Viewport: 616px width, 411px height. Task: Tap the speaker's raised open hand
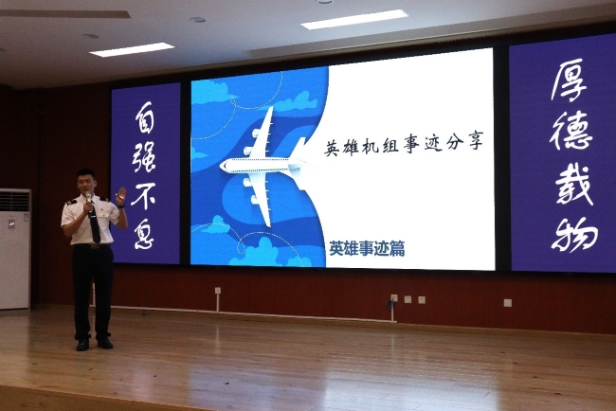(x=120, y=195)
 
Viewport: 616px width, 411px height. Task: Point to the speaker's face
(x=86, y=184)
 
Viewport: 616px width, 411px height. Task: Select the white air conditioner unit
(x=15, y=248)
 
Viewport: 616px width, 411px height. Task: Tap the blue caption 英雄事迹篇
(x=367, y=248)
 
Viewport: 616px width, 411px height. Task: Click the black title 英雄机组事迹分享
(x=404, y=145)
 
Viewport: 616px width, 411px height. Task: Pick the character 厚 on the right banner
(x=570, y=80)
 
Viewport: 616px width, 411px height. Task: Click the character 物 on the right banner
(x=574, y=234)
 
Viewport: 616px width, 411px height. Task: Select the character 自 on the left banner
(x=144, y=116)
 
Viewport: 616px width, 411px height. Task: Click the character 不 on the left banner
(x=143, y=195)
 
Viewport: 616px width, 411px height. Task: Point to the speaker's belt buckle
(x=94, y=246)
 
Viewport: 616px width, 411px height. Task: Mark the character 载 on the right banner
(x=574, y=185)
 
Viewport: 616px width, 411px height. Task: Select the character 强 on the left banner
(x=144, y=156)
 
